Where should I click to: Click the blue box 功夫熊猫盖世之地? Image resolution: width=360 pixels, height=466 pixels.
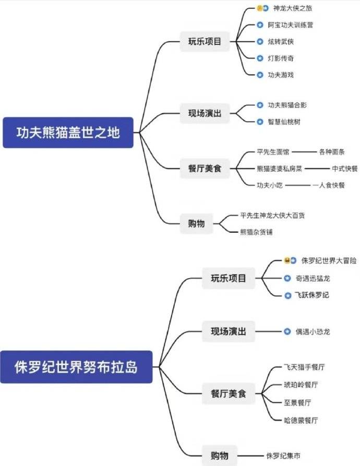pos(68,133)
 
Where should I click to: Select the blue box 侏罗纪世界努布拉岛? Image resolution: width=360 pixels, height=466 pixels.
pos(76,367)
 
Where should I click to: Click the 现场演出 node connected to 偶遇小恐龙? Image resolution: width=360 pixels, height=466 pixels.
pos(228,331)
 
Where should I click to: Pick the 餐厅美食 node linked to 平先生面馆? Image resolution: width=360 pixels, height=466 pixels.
pos(205,169)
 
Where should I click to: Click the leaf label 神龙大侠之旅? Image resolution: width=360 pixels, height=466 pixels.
pos(293,8)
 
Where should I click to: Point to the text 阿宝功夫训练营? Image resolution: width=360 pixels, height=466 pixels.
pos(291,25)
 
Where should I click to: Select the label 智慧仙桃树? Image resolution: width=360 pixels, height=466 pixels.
pos(284,122)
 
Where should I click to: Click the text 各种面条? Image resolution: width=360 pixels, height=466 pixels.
pos(332,152)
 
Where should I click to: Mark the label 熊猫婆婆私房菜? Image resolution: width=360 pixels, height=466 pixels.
pos(279,169)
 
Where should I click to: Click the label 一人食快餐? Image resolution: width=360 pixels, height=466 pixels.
pos(328,185)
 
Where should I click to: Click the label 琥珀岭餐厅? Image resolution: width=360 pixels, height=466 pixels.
pos(301,385)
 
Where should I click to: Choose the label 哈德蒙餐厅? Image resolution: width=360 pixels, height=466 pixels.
pos(301,420)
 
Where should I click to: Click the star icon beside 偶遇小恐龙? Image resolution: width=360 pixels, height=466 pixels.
pos(287,331)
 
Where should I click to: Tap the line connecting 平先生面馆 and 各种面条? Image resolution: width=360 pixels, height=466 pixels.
pos(304,152)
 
